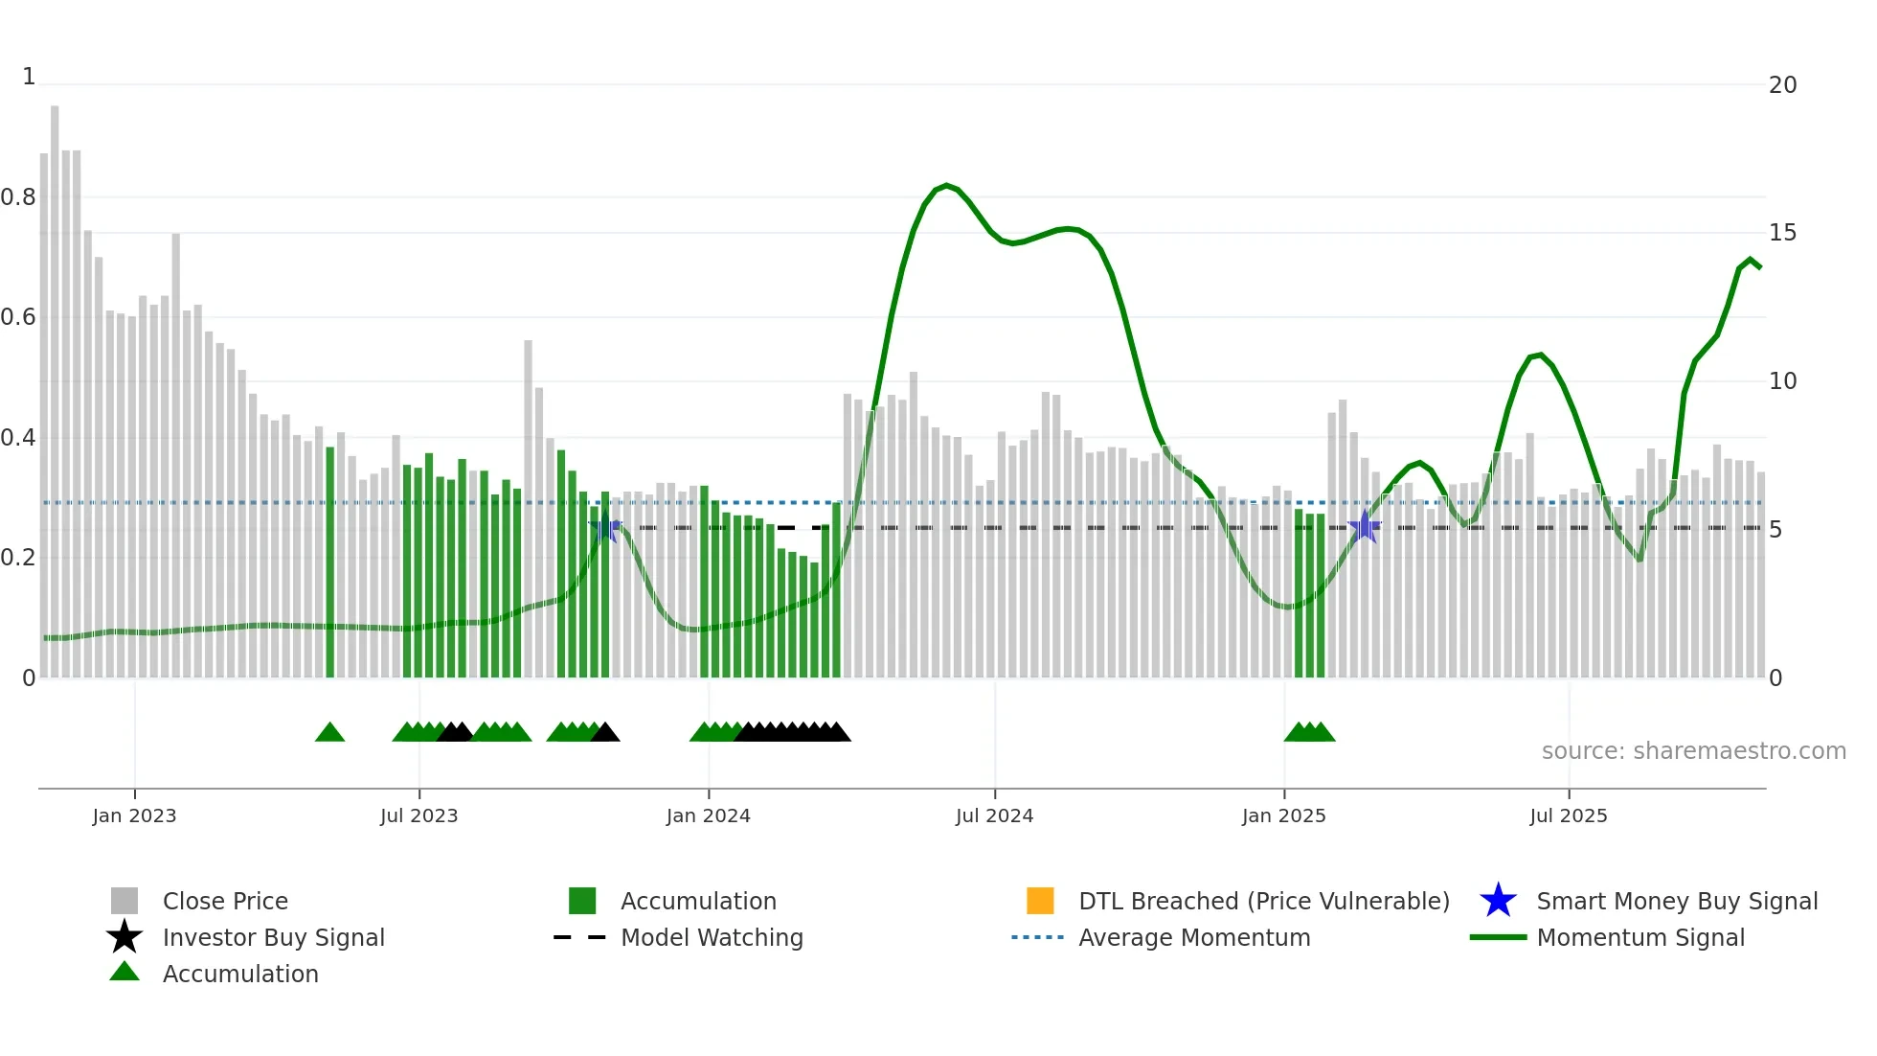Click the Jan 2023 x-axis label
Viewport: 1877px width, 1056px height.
click(134, 815)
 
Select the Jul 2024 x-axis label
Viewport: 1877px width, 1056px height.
click(994, 815)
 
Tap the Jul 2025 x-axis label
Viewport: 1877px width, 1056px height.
click(1568, 815)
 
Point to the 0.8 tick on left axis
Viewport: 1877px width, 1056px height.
click(18, 197)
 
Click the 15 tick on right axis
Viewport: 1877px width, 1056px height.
click(1782, 233)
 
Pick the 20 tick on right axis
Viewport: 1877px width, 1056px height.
click(1782, 85)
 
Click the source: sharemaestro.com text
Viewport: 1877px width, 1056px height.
click(1693, 751)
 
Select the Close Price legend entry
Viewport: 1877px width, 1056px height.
click(224, 901)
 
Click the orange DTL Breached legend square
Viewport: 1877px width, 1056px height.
click(1039, 901)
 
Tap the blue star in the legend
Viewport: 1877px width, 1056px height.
click(1498, 901)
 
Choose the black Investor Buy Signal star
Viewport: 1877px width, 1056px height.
click(124, 937)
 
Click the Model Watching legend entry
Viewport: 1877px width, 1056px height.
click(711, 937)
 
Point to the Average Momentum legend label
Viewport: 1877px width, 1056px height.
click(1193, 937)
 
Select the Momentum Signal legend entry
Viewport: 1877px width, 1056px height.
click(1640, 937)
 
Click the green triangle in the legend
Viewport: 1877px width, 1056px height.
click(124, 973)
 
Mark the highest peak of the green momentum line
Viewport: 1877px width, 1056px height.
click(946, 186)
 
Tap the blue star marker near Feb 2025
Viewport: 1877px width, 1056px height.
click(1364, 526)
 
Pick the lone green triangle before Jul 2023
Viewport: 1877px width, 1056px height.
click(329, 733)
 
